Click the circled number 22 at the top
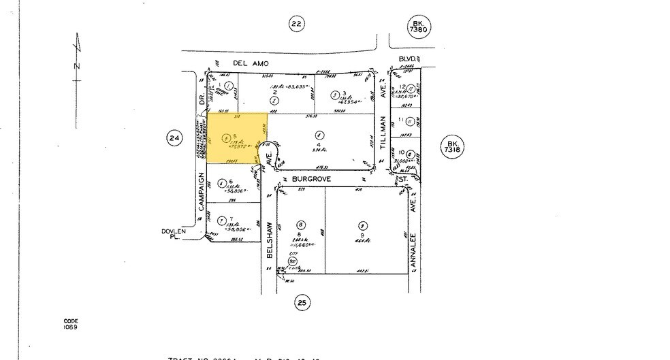coord(296,25)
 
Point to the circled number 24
coord(174,139)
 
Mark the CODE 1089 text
coord(71,324)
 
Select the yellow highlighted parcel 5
coord(235,138)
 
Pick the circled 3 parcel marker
coord(335,95)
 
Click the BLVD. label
coord(409,59)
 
